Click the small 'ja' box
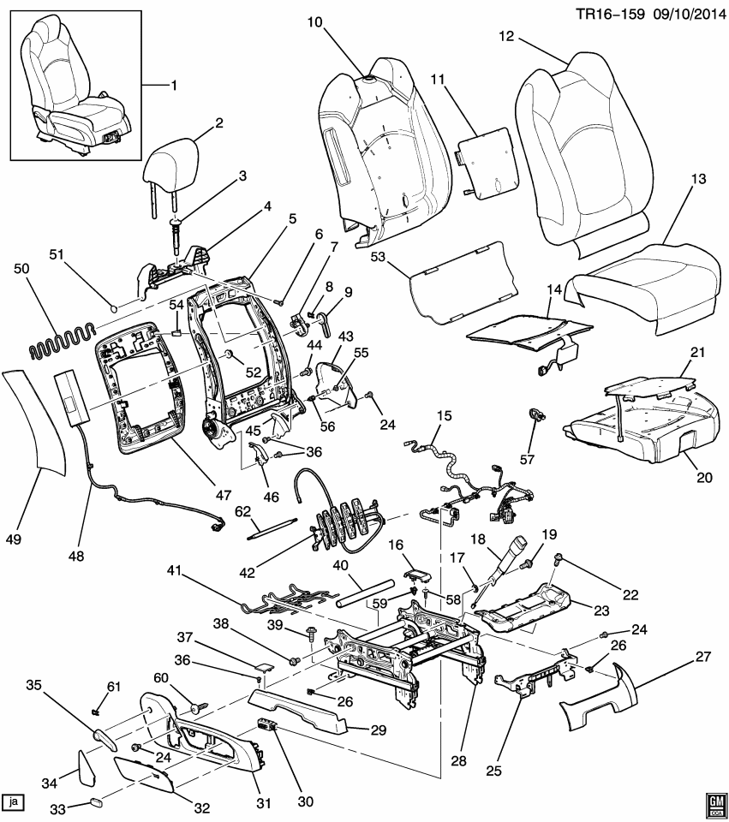[14, 801]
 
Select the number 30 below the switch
[305, 801]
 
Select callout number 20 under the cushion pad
[703, 478]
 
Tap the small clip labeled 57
[536, 415]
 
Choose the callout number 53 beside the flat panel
[379, 256]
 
